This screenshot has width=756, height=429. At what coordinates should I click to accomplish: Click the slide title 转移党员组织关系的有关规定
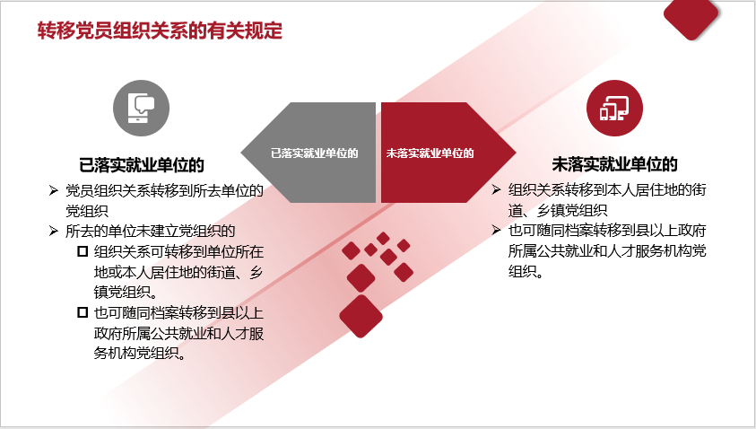pos(160,31)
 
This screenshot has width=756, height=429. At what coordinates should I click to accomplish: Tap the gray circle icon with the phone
pos(142,108)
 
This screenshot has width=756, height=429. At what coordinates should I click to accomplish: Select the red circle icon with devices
pos(614,108)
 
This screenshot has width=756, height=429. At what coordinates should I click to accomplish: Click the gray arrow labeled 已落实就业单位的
pos(308,153)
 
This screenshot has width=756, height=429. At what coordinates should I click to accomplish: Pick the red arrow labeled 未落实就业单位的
pos(448,153)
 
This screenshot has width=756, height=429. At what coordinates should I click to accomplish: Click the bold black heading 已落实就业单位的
pos(142,165)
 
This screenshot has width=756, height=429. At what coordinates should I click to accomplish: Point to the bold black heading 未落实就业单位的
pos(614,164)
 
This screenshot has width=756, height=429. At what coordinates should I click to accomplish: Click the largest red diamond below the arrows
pos(361,317)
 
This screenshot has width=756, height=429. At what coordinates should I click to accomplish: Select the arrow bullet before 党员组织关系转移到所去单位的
pos(54,190)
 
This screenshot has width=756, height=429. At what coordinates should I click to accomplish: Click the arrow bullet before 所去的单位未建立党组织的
pos(54,232)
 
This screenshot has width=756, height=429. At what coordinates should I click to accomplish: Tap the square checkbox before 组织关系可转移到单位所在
pos(83,251)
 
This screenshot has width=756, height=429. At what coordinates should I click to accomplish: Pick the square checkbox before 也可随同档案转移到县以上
pos(83,312)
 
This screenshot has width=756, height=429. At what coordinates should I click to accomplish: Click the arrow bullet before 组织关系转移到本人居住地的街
pos(496,189)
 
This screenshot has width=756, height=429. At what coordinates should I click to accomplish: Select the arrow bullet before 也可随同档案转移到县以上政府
pos(496,230)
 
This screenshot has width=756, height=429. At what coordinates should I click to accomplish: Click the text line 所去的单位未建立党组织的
pos(151,232)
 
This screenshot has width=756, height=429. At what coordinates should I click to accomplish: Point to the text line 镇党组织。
pos(126,292)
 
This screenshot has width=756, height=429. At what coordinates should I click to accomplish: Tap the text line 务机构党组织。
pos(140,354)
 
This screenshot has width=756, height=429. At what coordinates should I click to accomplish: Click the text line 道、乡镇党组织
pos(558,210)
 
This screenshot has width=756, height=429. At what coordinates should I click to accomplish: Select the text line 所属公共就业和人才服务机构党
pos(607,251)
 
